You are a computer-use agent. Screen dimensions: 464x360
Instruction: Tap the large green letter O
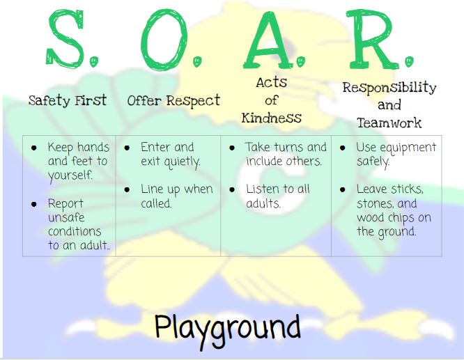click(x=164, y=40)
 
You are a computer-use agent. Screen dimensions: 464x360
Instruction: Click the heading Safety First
click(x=68, y=100)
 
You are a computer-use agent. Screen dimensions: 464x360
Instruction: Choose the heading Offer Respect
click(x=173, y=101)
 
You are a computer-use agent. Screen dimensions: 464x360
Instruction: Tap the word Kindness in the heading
click(x=271, y=118)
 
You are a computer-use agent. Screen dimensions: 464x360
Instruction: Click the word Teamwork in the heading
click(x=389, y=123)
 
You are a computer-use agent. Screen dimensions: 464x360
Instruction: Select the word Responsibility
click(x=389, y=88)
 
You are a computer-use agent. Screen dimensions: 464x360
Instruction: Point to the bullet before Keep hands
click(x=34, y=148)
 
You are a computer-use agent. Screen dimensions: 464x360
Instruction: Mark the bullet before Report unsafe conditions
click(x=34, y=204)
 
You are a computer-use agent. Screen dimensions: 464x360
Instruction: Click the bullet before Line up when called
click(x=127, y=189)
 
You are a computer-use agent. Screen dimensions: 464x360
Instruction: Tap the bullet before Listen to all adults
click(x=232, y=189)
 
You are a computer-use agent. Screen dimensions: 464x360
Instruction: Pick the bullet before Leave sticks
click(x=342, y=189)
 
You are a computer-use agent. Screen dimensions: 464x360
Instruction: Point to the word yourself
click(x=70, y=175)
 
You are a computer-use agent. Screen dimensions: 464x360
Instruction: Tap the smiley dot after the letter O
click(x=197, y=61)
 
